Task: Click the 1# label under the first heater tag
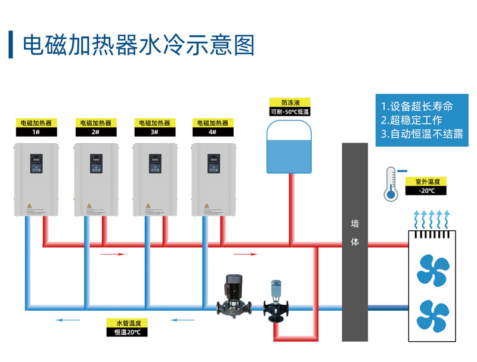coord(36,132)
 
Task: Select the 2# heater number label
coord(95,132)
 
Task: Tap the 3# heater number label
coord(154,132)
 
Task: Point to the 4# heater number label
coord(213,132)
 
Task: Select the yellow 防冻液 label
coord(290,103)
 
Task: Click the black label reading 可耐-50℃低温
coord(290,112)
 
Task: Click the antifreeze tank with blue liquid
coord(290,148)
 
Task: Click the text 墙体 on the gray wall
coord(355,233)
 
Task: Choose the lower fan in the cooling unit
coord(433,315)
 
